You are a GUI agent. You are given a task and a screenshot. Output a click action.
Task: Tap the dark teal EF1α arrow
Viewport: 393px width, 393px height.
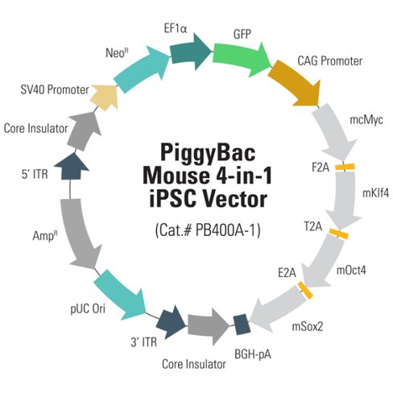click(184, 53)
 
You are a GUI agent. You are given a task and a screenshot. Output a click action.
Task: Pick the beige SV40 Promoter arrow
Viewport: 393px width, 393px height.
click(106, 94)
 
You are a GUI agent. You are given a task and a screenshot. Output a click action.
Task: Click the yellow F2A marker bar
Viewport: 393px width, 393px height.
click(345, 167)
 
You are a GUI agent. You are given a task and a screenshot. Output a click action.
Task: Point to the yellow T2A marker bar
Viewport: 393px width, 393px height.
click(338, 234)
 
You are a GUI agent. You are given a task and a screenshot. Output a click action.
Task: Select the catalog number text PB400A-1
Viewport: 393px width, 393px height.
click(228, 230)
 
